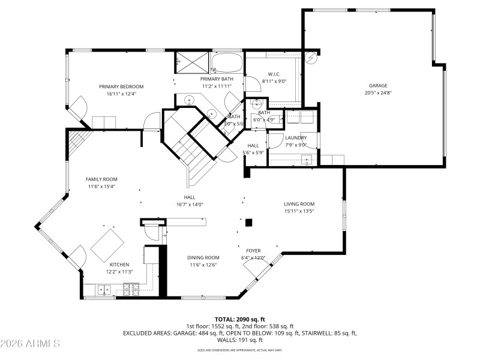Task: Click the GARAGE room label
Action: (x=378, y=85)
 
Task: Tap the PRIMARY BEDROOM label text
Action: (x=121, y=86)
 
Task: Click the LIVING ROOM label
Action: (x=299, y=204)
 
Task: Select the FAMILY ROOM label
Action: (x=101, y=179)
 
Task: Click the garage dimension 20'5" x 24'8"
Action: (x=378, y=92)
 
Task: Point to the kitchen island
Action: (x=108, y=244)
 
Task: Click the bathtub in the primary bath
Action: (x=227, y=62)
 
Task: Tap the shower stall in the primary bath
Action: (x=192, y=61)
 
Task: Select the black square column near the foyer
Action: (x=249, y=223)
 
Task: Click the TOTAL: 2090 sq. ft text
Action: (x=240, y=319)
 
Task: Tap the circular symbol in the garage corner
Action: (x=310, y=59)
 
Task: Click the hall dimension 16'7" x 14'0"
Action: (x=190, y=204)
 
